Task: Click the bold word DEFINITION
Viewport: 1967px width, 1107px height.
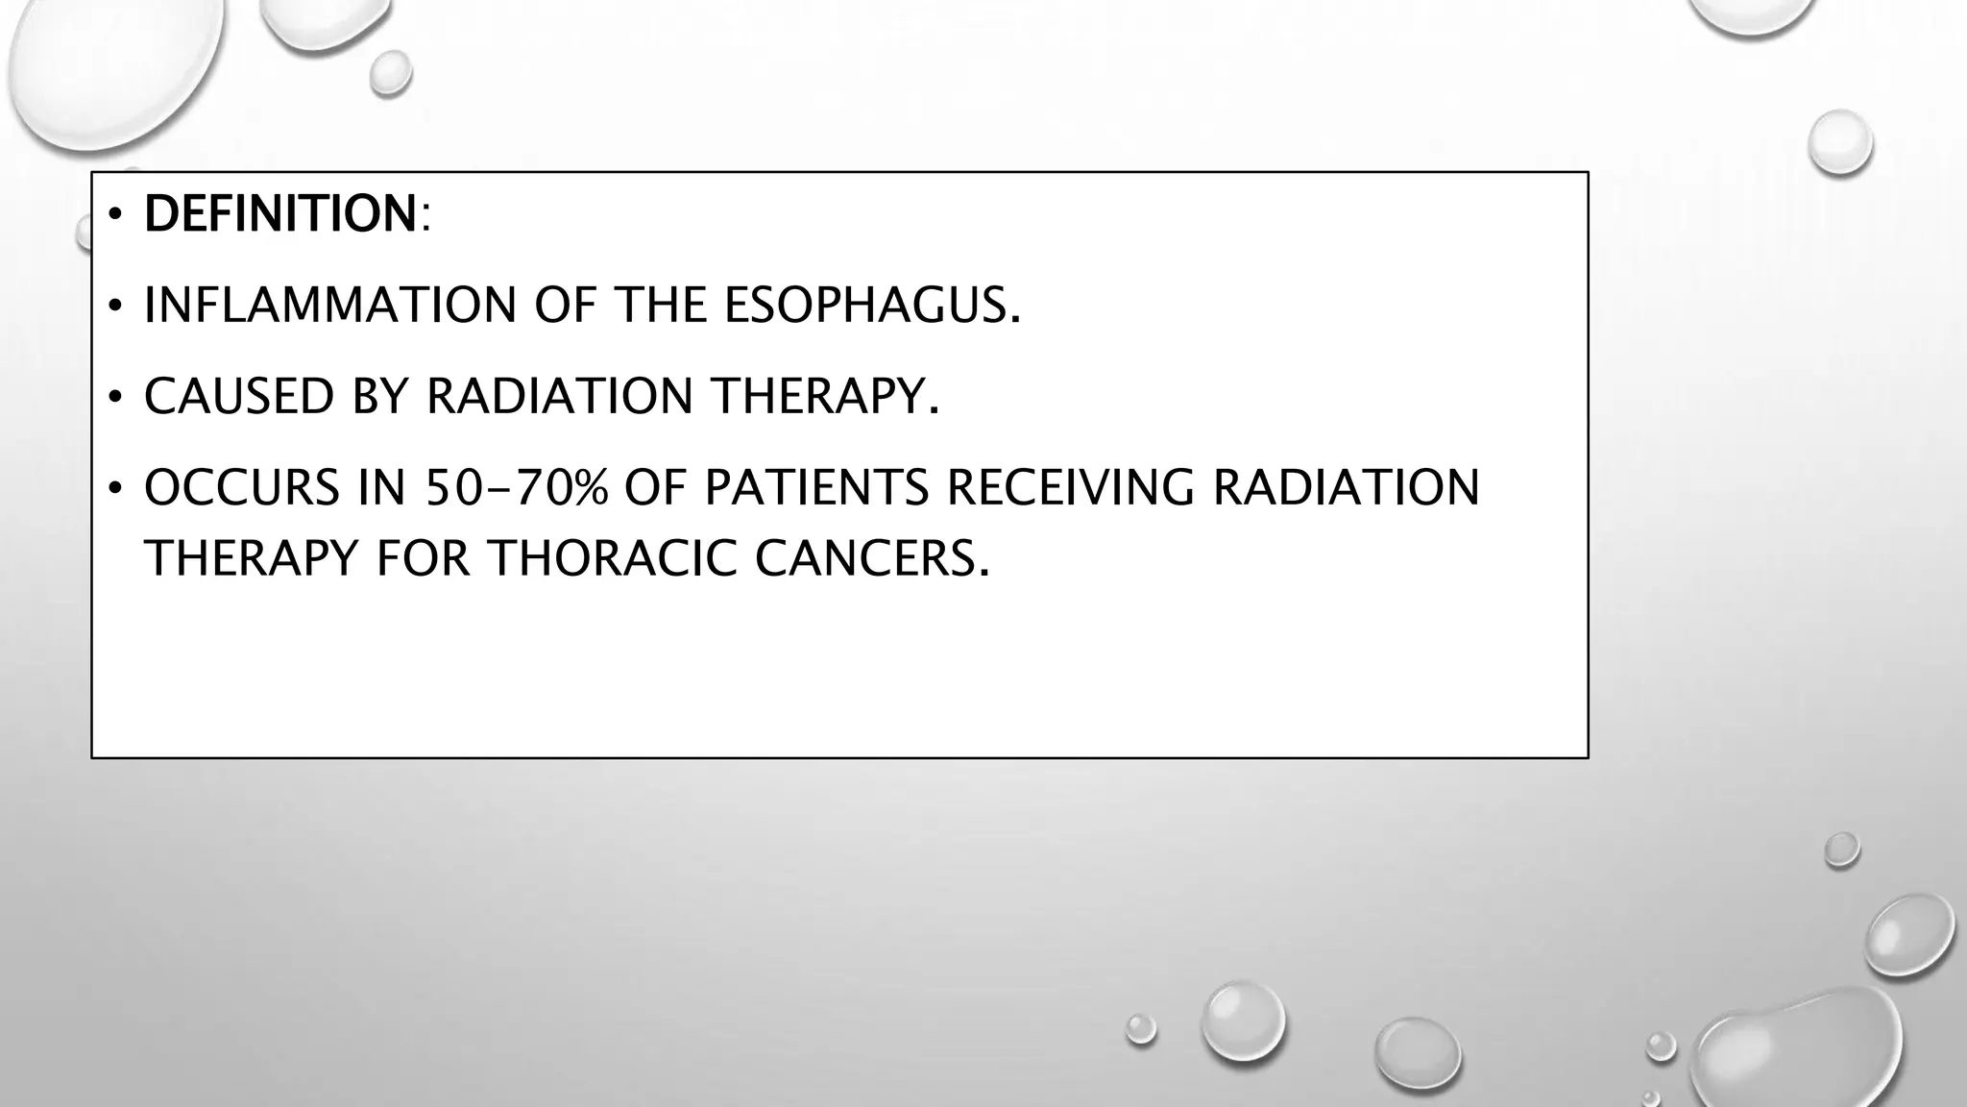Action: [279, 213]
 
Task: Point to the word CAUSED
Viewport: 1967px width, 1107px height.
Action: [238, 396]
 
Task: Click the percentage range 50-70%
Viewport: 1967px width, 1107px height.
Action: [517, 486]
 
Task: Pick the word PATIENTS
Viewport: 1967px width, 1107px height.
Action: [816, 486]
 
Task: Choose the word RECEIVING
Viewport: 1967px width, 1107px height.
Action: [1070, 486]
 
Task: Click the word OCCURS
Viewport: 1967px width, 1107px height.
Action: [242, 486]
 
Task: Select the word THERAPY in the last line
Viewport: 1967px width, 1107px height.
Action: [252, 558]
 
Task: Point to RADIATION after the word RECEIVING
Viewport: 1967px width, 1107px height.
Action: [1347, 486]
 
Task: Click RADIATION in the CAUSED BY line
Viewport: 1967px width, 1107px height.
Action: [559, 396]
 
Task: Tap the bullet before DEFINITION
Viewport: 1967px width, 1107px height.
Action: [114, 215]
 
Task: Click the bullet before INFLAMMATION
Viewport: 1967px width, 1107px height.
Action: [114, 307]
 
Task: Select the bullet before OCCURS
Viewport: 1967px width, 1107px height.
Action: [114, 488]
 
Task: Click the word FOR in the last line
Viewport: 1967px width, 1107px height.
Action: [423, 558]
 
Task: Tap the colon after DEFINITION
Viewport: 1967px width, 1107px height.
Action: [425, 217]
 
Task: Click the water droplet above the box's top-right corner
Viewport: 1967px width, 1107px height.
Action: [1839, 142]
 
